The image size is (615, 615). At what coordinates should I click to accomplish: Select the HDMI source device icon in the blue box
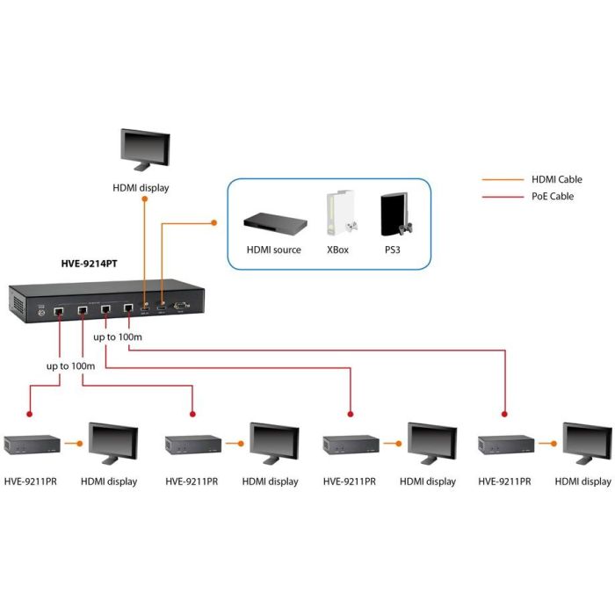pyautogui.click(x=275, y=221)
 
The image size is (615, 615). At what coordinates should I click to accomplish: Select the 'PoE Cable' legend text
pyautogui.click(x=553, y=196)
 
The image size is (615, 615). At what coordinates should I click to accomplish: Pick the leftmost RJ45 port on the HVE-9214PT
pyautogui.click(x=59, y=310)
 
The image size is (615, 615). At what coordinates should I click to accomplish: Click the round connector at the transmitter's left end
pyautogui.click(x=39, y=311)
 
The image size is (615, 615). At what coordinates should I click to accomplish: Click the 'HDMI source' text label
pyautogui.click(x=274, y=250)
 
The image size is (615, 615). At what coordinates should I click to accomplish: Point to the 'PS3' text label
pyautogui.click(x=394, y=250)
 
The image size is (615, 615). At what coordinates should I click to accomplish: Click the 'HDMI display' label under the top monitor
pyautogui.click(x=141, y=187)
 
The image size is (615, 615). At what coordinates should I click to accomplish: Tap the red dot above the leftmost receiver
pyautogui.click(x=30, y=412)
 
